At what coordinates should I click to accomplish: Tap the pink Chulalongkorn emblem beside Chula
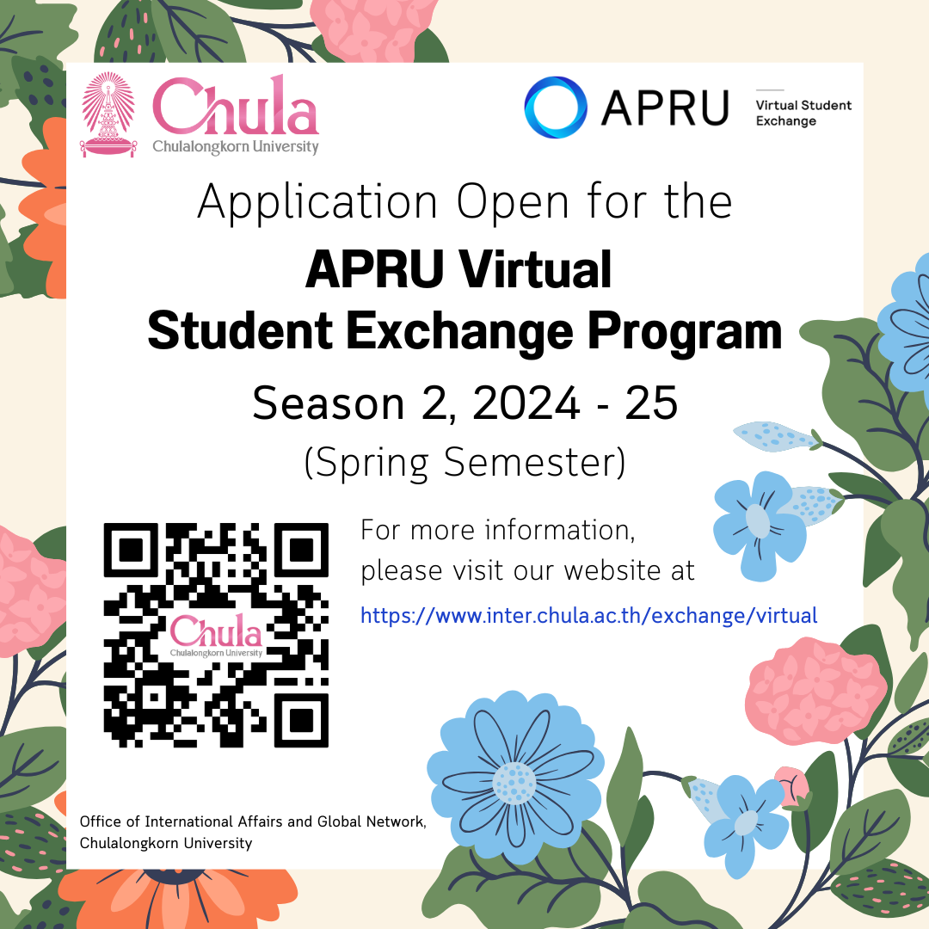[x=108, y=114]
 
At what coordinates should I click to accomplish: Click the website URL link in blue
[x=589, y=616]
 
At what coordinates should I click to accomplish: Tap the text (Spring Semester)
[x=464, y=463]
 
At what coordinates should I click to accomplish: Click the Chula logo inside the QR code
[x=216, y=635]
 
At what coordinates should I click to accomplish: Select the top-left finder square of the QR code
[x=131, y=550]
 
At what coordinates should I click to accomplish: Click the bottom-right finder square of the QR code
[x=301, y=720]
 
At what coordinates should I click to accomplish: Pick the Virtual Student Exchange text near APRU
[x=803, y=113]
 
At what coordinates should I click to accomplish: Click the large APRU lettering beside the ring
[x=665, y=108]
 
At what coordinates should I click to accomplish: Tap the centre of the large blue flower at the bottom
[x=514, y=782]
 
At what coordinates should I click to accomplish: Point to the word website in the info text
[x=612, y=570]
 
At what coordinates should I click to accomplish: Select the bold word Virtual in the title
[x=535, y=269]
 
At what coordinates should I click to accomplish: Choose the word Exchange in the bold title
[x=459, y=332]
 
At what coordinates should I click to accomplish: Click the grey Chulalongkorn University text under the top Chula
[x=236, y=146]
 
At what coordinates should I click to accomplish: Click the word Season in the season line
[x=329, y=403]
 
